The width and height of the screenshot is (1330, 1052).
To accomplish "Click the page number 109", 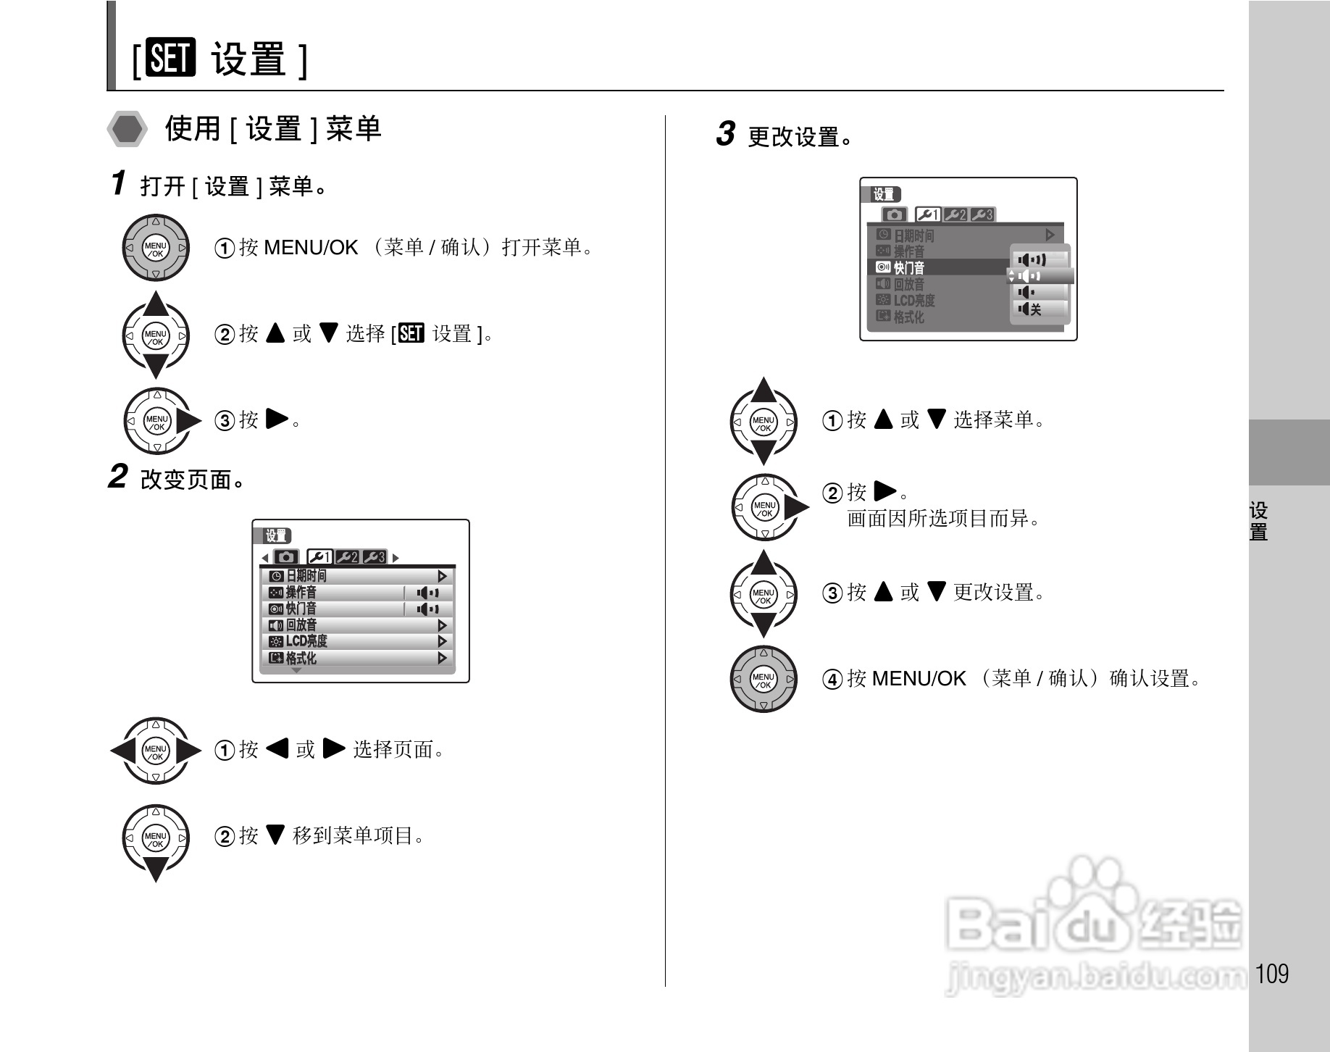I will click(x=1273, y=973).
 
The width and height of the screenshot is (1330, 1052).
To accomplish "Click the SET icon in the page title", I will click(x=170, y=58).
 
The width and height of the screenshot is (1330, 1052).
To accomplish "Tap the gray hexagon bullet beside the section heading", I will click(x=127, y=130).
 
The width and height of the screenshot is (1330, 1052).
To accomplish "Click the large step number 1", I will click(x=119, y=183).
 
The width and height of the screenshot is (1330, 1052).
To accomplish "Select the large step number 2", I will click(x=117, y=477).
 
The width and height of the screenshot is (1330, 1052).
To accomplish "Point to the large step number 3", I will click(x=725, y=134).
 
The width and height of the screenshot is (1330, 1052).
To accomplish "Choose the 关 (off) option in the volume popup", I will click(x=1037, y=309).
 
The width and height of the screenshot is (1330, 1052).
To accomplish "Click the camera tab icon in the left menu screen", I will click(x=287, y=557).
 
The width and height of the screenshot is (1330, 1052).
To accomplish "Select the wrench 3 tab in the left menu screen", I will click(x=375, y=557).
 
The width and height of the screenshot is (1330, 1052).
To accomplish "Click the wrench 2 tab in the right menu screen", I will click(x=955, y=214).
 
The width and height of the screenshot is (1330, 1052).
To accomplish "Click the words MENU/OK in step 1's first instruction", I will click(x=311, y=248).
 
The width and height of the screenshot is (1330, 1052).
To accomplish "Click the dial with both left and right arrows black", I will click(x=155, y=751).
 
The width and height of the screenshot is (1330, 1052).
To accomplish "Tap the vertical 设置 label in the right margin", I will click(x=1258, y=521).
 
